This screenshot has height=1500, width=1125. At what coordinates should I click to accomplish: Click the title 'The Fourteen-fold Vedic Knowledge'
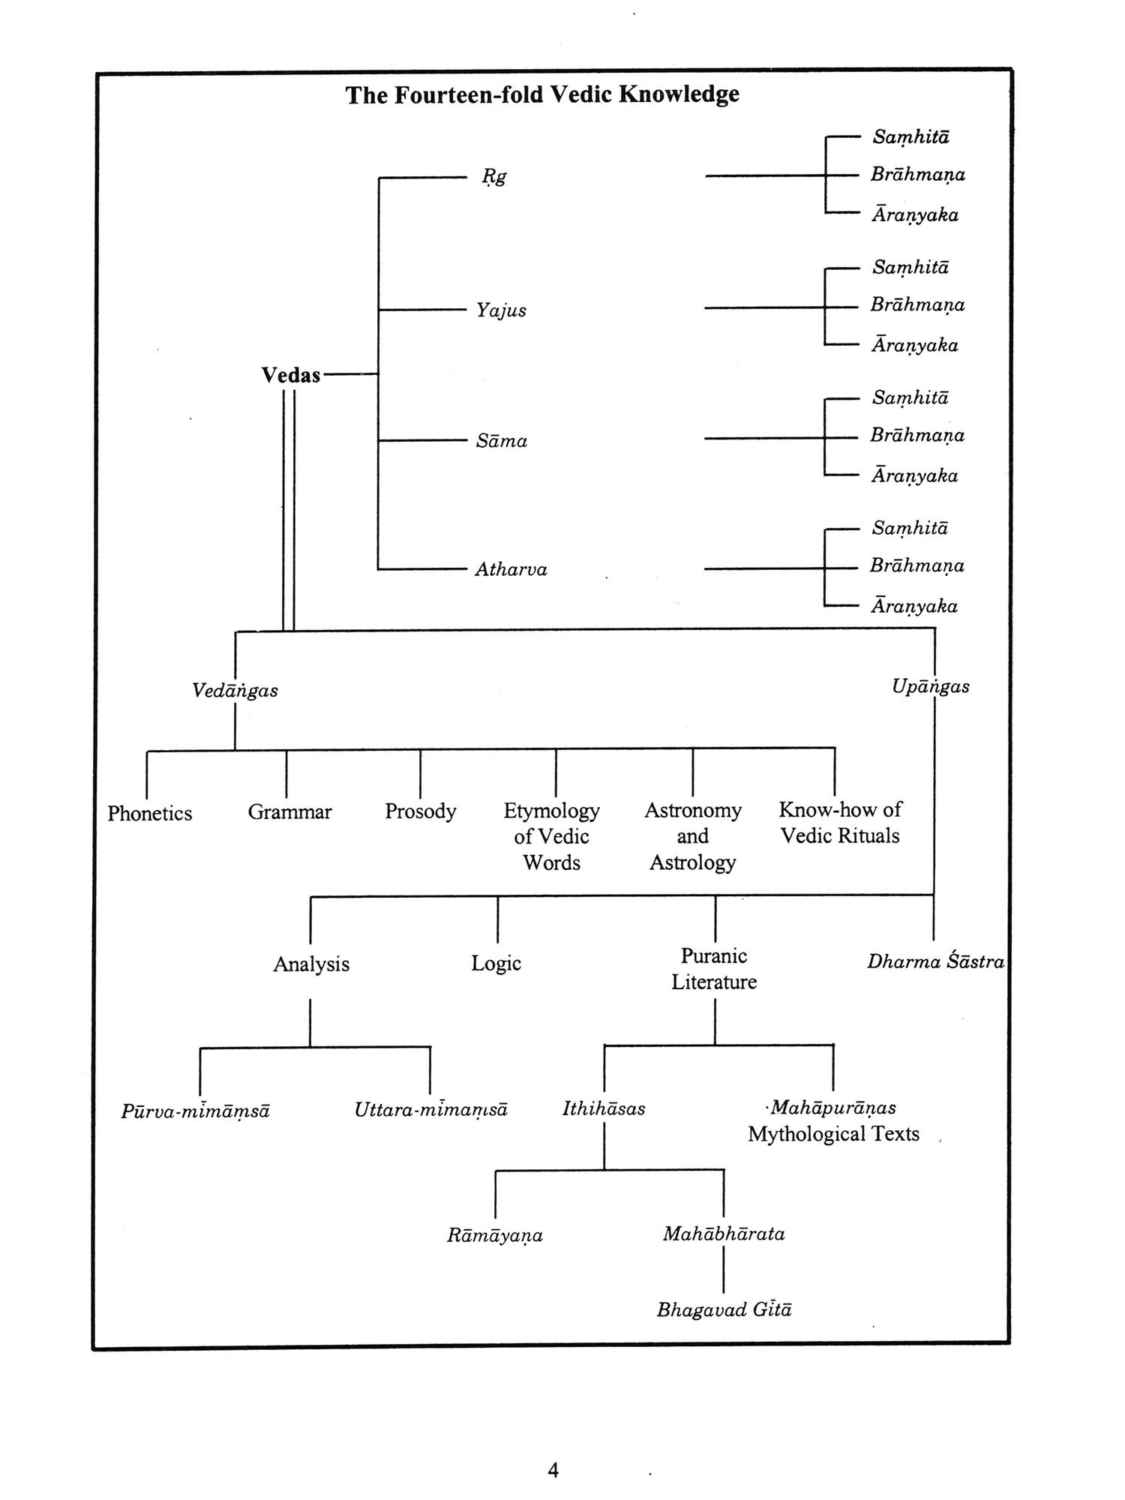(x=542, y=95)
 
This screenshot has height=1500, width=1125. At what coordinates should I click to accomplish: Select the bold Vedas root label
(x=291, y=375)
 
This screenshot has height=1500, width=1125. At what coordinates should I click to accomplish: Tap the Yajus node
(x=501, y=310)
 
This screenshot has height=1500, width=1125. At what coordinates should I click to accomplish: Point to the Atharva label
(x=511, y=569)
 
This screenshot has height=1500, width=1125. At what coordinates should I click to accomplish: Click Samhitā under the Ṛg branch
(x=910, y=137)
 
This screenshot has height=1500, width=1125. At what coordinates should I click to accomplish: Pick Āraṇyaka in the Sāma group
(x=914, y=475)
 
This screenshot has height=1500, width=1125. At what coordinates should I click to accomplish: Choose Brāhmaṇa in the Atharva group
(x=916, y=565)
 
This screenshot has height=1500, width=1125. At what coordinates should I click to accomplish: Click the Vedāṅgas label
(x=235, y=690)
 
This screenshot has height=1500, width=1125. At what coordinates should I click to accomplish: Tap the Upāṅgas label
(x=930, y=686)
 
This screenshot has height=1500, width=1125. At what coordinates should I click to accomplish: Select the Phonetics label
(x=149, y=813)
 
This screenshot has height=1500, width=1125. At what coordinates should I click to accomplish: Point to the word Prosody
(x=420, y=811)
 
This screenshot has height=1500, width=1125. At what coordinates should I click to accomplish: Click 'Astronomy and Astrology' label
(x=692, y=836)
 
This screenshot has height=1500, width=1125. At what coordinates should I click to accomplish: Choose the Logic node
(x=496, y=963)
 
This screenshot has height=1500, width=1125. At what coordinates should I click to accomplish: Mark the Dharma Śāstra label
(x=935, y=961)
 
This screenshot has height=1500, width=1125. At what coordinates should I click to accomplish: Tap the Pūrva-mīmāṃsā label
(x=195, y=1111)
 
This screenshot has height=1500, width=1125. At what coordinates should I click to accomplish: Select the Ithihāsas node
(x=604, y=1108)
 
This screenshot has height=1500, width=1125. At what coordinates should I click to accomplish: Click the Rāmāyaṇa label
(x=494, y=1234)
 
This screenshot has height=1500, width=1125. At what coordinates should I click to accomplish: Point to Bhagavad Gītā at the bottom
(x=724, y=1309)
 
